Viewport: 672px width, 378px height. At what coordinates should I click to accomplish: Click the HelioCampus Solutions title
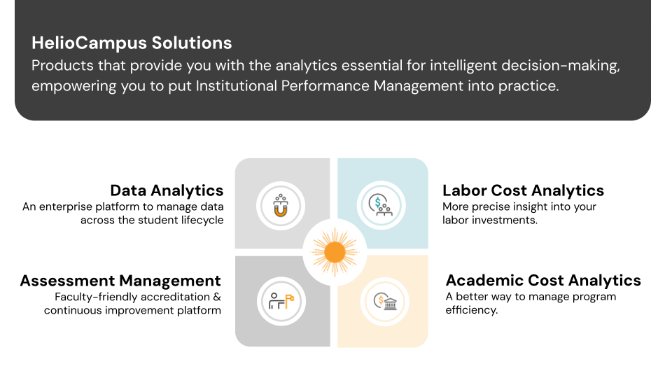pyautogui.click(x=132, y=43)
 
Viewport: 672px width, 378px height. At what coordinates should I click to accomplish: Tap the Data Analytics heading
pyautogui.click(x=167, y=190)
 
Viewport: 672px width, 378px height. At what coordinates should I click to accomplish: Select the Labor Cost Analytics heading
pyautogui.click(x=523, y=190)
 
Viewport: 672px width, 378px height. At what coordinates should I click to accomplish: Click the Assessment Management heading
pyautogui.click(x=120, y=281)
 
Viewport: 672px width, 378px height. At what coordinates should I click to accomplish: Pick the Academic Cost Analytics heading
pyautogui.click(x=543, y=280)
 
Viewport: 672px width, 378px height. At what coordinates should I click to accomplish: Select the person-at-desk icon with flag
pyautogui.click(x=281, y=301)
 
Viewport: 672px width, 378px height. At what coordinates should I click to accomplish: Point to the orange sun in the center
pyautogui.click(x=334, y=251)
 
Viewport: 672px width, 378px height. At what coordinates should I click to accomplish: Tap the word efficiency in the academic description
pyautogui.click(x=471, y=310)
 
